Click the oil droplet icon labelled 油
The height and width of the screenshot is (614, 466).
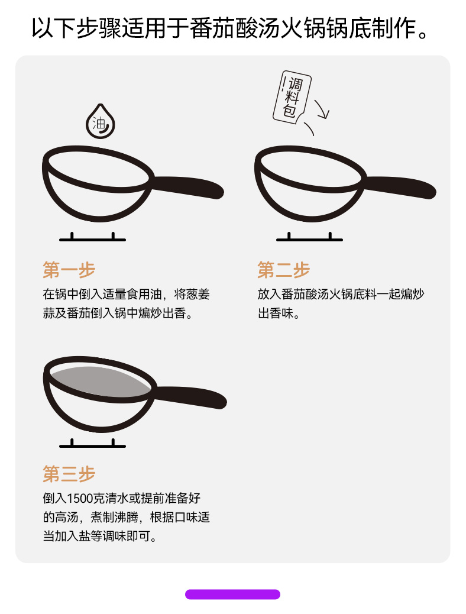pyautogui.click(x=101, y=122)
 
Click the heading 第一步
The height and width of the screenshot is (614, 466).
pyautogui.click(x=69, y=270)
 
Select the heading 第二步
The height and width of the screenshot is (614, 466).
pyautogui.click(x=283, y=270)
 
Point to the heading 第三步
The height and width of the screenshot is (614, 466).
pyautogui.click(x=69, y=474)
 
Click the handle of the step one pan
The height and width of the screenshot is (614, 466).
pyautogui.click(x=187, y=186)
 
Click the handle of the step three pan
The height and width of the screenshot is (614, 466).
pyautogui.click(x=190, y=397)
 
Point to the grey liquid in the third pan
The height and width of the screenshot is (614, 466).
pyautogui.click(x=100, y=382)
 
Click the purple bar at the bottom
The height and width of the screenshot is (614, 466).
pyautogui.click(x=232, y=594)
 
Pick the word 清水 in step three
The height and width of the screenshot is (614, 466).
pyautogui.click(x=117, y=499)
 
